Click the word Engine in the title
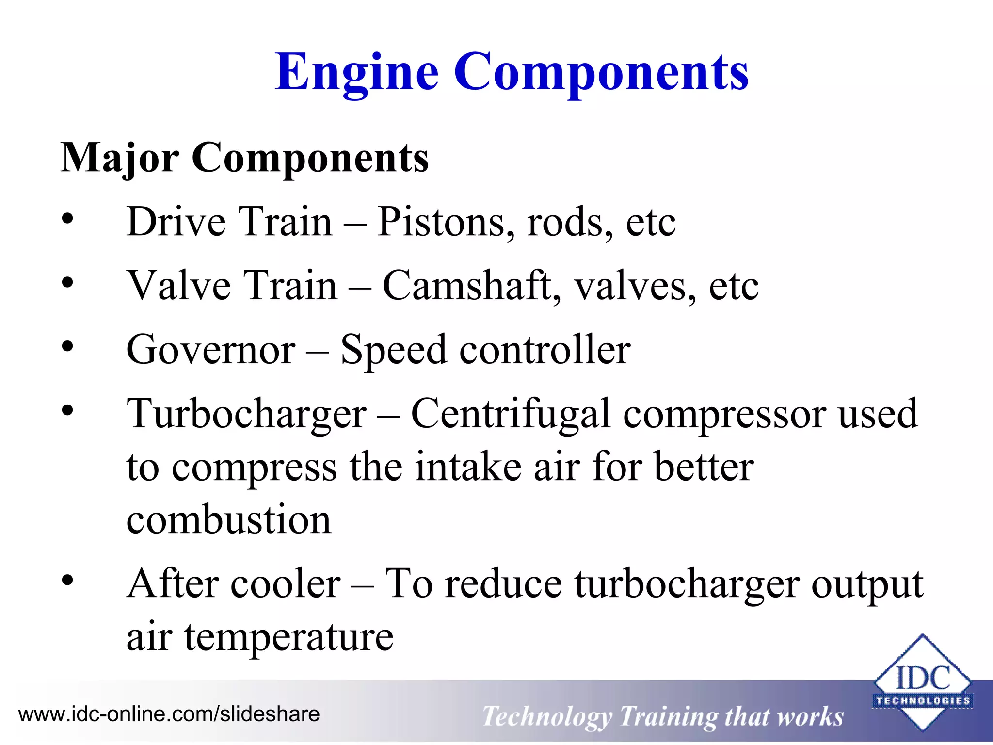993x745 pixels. [357, 73]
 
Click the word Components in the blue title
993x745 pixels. [601, 73]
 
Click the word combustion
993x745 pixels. [229, 520]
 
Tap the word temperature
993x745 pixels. [288, 637]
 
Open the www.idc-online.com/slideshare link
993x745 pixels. [169, 714]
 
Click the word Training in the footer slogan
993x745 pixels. [669, 717]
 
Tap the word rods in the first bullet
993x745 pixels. [564, 222]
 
